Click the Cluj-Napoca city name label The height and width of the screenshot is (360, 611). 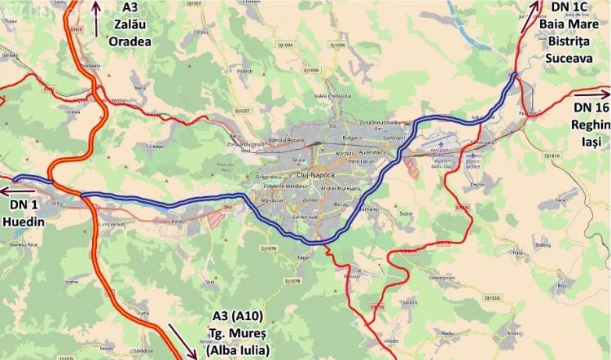tap(313, 176)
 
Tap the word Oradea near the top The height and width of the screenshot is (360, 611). tap(131, 41)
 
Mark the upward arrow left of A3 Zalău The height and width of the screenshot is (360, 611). tap(97, 18)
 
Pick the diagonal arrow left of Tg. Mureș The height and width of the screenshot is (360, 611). tap(181, 340)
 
